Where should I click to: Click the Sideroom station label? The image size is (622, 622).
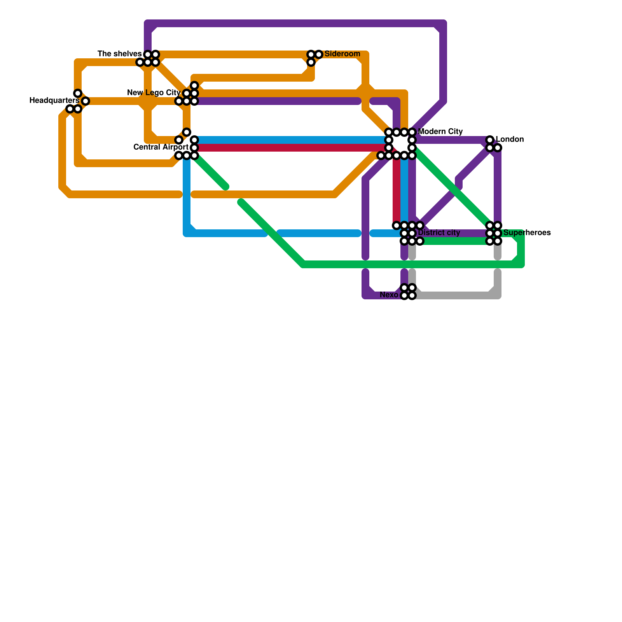tap(342, 54)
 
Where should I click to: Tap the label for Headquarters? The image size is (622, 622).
tap(54, 101)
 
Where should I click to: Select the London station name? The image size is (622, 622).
tap(510, 139)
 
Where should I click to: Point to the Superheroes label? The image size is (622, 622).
tap(527, 233)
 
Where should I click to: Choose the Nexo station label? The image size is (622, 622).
tap(389, 295)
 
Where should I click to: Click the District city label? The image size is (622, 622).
tap(439, 233)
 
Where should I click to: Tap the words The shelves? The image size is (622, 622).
tap(119, 54)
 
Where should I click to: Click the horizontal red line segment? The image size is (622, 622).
tap(292, 148)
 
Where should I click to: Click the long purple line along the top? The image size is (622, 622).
tap(295, 23)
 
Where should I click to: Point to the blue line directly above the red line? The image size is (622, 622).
tap(292, 140)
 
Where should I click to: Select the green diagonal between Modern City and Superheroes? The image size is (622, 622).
tap(451, 187)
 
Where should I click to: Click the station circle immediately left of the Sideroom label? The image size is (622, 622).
tap(319, 54)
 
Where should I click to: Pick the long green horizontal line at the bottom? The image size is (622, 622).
tap(408, 264)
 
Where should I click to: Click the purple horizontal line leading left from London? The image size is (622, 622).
tap(451, 140)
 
